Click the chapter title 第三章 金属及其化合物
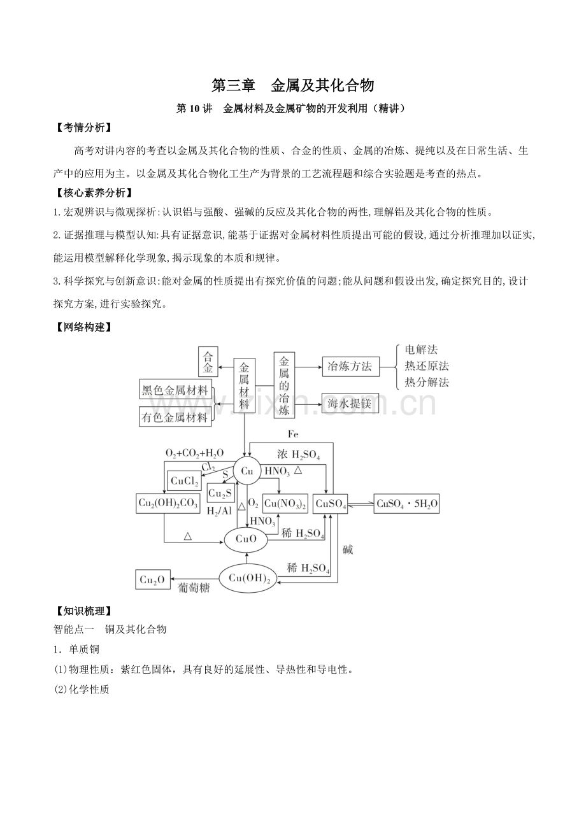[293, 85]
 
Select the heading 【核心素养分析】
[95, 193]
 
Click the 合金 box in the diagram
[208, 362]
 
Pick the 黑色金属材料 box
[175, 389]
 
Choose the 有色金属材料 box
[175, 416]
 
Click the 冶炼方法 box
[350, 366]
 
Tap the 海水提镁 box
[350, 403]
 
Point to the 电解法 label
[421, 350]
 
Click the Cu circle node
[247, 471]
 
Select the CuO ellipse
[245, 539]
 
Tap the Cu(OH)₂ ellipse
[250, 578]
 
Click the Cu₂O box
[153, 579]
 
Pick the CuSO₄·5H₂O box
[406, 503]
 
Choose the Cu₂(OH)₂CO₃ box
[168, 503]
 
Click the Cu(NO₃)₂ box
[285, 503]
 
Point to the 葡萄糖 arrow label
[194, 588]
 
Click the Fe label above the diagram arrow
[293, 434]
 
